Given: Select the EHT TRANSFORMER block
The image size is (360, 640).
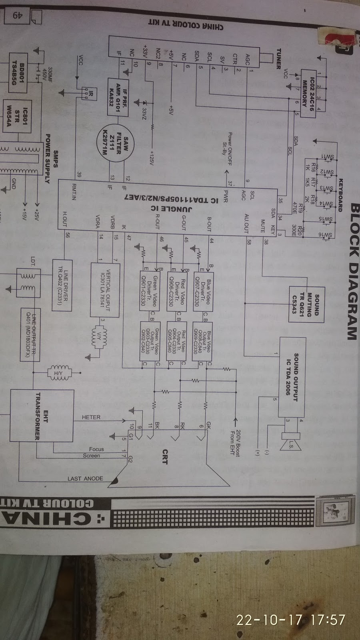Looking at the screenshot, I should point(42,416).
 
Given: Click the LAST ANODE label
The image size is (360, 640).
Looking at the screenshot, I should point(85,478).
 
